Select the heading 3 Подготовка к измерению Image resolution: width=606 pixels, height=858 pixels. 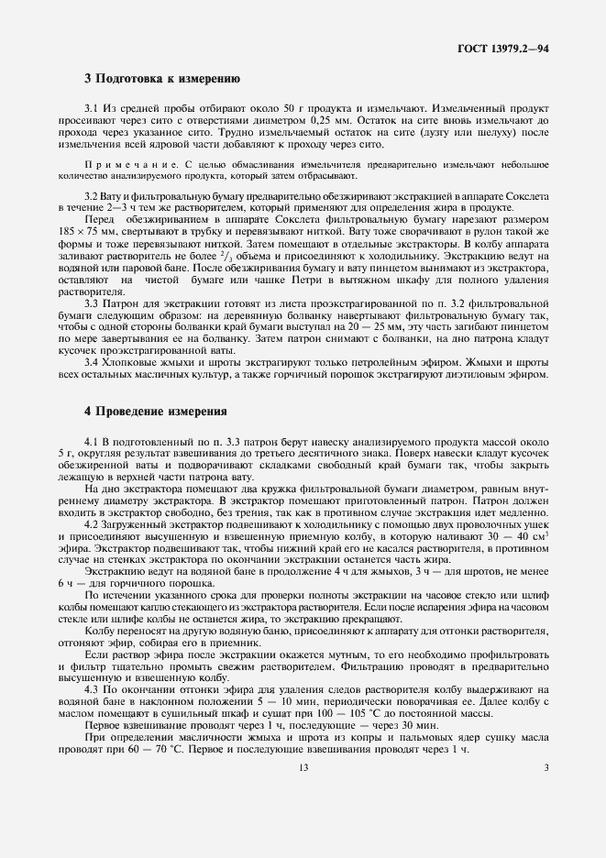(x=162, y=80)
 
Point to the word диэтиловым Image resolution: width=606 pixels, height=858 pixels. (x=481, y=374)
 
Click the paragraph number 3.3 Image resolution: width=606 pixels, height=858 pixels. (x=92, y=305)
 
